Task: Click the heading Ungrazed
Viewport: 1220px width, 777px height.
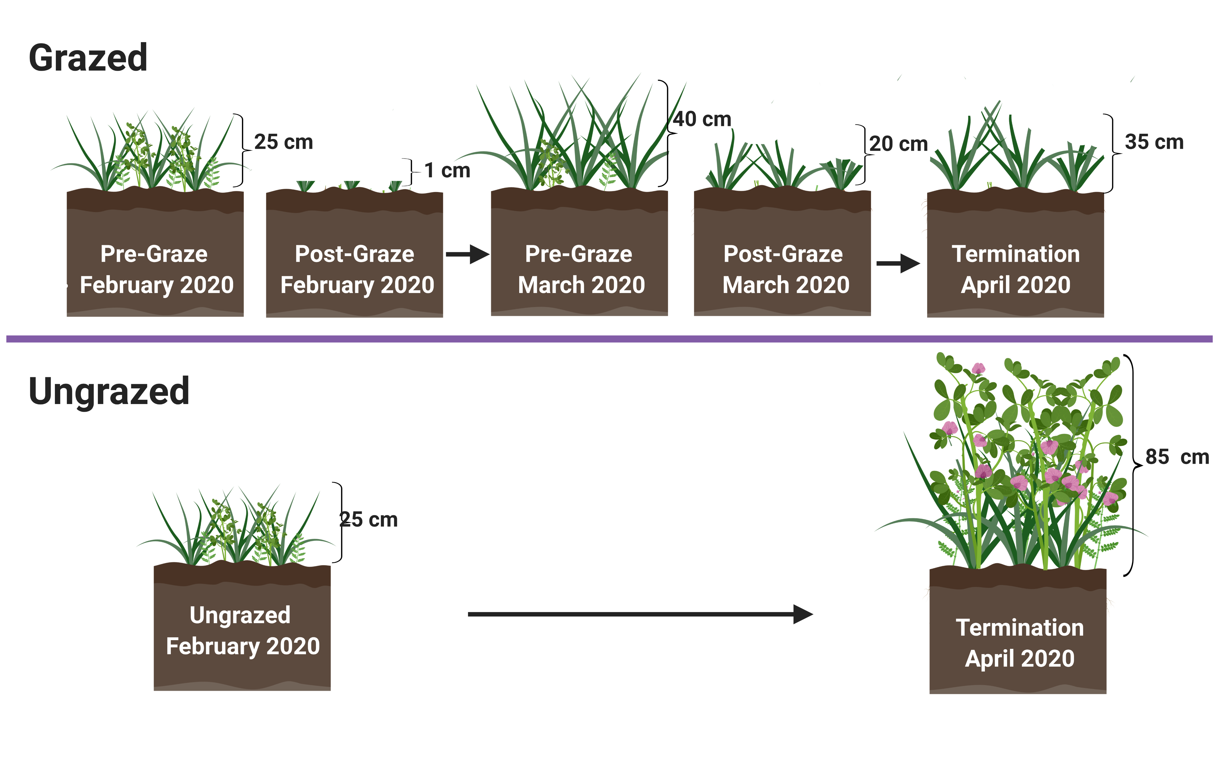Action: coord(109,391)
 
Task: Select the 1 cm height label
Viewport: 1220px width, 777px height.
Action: coord(447,171)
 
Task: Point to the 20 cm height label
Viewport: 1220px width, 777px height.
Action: coord(898,144)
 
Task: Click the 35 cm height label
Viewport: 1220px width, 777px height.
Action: coord(1154,142)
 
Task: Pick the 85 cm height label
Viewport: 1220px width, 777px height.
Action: coord(1176,457)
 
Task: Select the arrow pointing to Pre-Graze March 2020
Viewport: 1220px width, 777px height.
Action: coord(467,254)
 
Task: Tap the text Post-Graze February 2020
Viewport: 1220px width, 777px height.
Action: coord(357,269)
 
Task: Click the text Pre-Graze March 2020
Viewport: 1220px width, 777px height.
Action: coord(581,269)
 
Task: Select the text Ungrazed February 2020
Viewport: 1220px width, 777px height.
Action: coord(242,630)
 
